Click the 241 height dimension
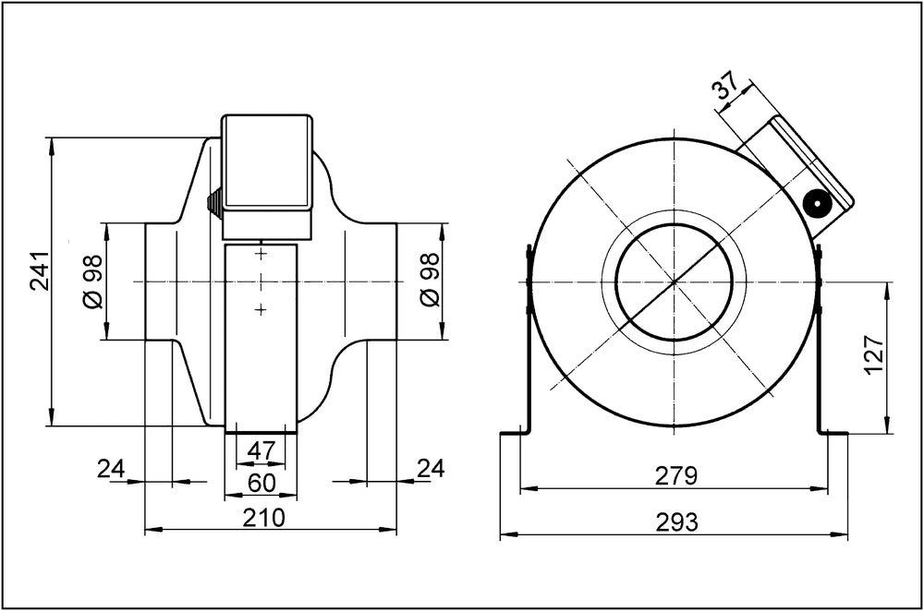40,270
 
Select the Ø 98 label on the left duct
91,282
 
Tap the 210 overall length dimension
263,518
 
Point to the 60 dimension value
261,483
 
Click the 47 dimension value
261,450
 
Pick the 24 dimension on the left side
111,469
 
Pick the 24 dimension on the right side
430,469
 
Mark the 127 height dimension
874,354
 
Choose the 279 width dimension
675,476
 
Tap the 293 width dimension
675,522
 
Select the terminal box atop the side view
267,162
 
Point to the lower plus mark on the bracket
261,309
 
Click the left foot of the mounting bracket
513,431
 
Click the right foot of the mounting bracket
833,431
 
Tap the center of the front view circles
675,282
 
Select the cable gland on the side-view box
214,202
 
